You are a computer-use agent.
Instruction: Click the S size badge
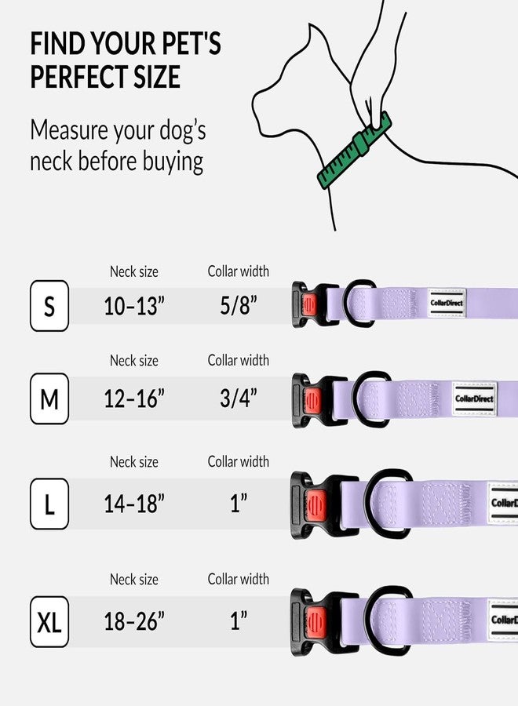pos(49,306)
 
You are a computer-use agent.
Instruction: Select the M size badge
pos(49,400)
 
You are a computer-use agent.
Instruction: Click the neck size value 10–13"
pos(134,306)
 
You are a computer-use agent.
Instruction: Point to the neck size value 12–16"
pos(134,400)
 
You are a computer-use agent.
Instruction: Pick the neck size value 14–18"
pos(134,504)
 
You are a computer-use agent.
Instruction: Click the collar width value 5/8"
pos(239,306)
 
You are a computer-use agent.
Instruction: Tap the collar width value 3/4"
pos(239,400)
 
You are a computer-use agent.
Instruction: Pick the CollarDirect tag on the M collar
pos(474,398)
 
